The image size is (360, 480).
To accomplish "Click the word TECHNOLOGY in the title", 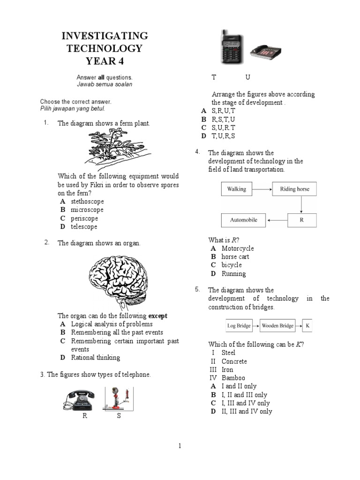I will [x=105, y=48].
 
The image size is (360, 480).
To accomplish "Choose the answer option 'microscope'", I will [x=87, y=210].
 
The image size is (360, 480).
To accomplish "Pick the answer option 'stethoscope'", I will [x=87, y=201].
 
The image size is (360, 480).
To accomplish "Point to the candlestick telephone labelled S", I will [x=118, y=399].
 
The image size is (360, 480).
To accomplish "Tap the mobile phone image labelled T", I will [x=231, y=47].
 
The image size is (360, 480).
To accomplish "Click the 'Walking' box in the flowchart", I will [x=236, y=189].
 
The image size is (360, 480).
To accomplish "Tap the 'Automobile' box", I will [x=243, y=220].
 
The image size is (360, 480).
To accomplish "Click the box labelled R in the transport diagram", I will [x=301, y=220].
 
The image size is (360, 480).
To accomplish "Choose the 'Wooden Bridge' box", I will [x=277, y=325].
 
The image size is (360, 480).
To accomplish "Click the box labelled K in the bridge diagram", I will [x=307, y=325].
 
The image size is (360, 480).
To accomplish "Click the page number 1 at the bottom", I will [x=180, y=446].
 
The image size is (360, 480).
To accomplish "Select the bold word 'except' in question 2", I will [x=158, y=315].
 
